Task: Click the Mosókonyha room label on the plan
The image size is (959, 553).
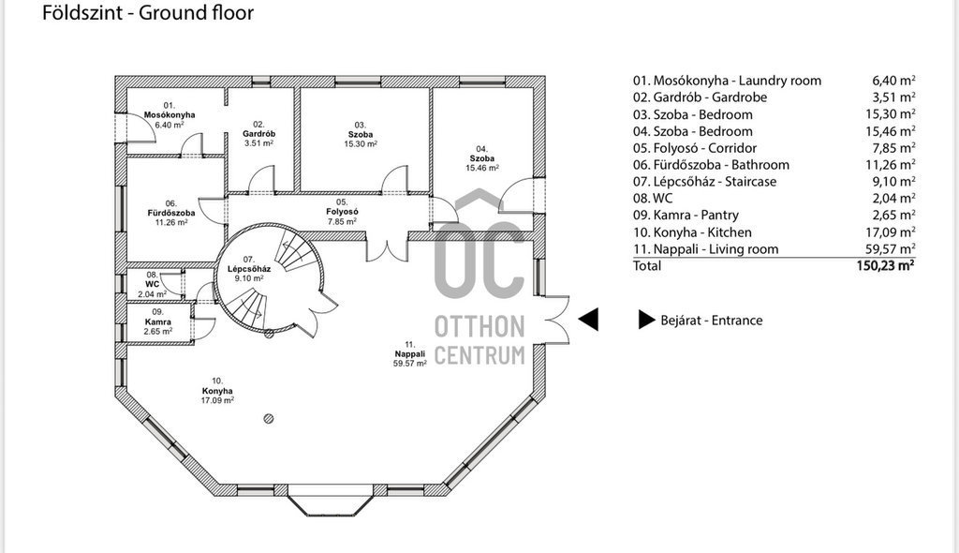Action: (170, 115)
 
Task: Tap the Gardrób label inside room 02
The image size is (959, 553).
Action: (258, 133)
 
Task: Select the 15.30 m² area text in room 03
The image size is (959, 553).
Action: (361, 144)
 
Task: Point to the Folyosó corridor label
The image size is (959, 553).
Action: (342, 212)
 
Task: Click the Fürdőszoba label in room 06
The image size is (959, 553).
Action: (171, 213)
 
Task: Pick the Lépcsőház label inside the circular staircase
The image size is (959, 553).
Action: (249, 269)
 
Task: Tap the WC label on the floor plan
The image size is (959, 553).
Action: (153, 284)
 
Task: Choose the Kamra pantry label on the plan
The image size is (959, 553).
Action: (157, 322)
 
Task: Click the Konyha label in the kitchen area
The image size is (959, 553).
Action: (217, 391)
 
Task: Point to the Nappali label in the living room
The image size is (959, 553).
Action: (410, 354)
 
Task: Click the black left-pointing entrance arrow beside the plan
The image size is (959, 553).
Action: (588, 319)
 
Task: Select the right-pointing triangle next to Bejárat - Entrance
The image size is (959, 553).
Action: (647, 319)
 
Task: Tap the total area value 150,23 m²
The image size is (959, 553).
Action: (886, 265)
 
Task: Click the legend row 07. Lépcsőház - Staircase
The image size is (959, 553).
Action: (704, 181)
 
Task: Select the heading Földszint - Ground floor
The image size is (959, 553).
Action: (148, 12)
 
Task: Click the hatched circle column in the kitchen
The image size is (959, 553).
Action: (269, 419)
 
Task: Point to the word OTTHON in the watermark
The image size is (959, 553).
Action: (479, 327)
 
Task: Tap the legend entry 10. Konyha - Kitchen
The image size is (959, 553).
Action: (692, 232)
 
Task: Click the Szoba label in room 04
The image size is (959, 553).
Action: (482, 158)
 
